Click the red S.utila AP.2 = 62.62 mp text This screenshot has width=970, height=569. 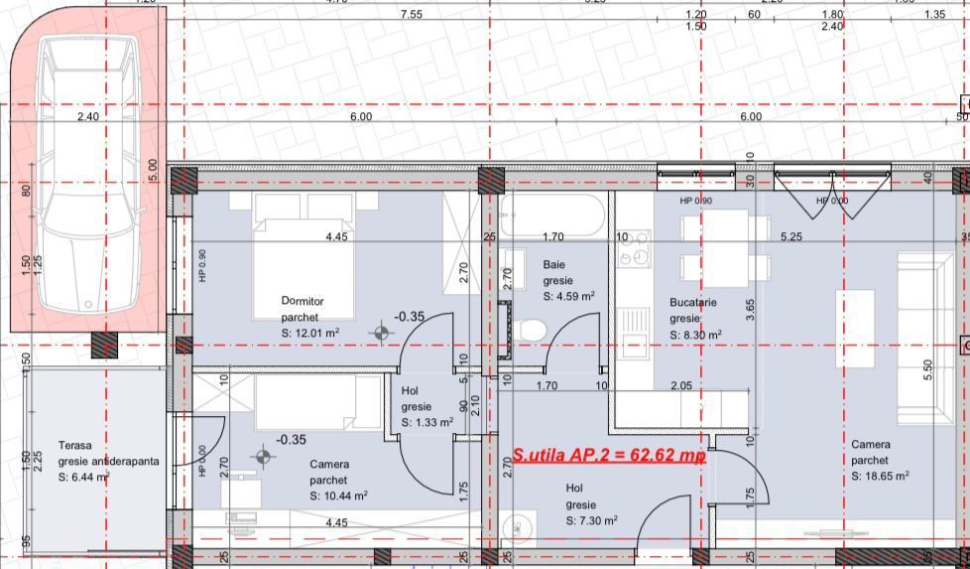(609, 456)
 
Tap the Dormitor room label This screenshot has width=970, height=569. (303, 301)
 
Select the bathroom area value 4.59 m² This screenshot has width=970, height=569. (568, 296)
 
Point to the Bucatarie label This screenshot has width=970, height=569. (692, 303)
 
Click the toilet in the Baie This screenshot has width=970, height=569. (533, 329)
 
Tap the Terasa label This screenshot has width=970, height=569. (74, 446)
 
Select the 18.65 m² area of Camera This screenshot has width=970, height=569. (880, 477)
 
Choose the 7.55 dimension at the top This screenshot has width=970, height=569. (411, 15)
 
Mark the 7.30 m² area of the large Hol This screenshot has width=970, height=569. (592, 520)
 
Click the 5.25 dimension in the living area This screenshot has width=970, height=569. (790, 236)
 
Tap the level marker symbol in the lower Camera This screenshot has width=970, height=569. (263, 456)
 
